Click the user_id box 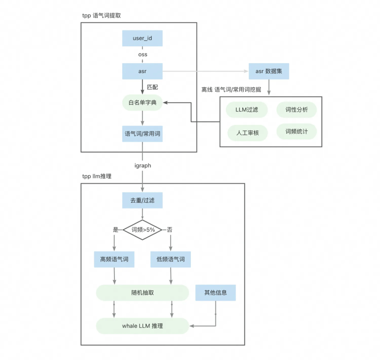(x=142, y=38)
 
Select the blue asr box (x=142, y=71)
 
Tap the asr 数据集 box (x=268, y=71)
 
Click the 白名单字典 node (x=142, y=103)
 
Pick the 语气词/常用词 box (x=142, y=134)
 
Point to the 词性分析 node (x=296, y=110)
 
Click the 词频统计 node (x=296, y=132)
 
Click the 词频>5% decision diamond (x=142, y=230)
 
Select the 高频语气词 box (x=114, y=259)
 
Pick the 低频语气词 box (x=171, y=259)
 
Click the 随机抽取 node (x=142, y=292)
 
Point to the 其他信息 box (x=215, y=292)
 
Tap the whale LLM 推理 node (x=142, y=326)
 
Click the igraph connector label (x=142, y=165)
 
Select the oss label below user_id (x=142, y=55)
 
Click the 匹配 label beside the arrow (x=153, y=87)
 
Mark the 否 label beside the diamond (x=170, y=230)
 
